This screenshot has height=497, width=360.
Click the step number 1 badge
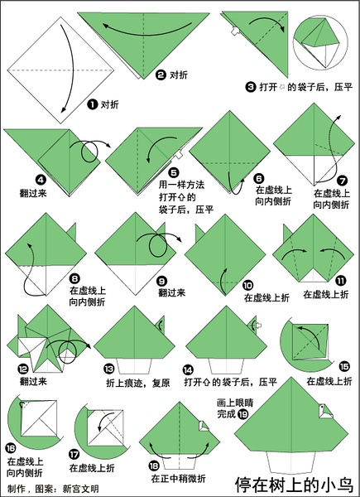92,104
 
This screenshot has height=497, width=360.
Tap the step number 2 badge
161,75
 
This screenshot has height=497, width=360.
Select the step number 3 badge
250,87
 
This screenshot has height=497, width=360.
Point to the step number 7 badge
343,181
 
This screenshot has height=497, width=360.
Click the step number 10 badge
247,286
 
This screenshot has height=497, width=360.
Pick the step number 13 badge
108,369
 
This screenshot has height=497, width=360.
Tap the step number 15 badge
344,367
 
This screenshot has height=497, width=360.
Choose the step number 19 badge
242,414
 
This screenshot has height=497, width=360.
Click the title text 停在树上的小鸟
294,485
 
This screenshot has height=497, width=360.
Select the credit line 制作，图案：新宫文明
53,489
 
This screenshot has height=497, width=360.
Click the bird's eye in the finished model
322,407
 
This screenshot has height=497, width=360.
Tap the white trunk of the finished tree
291,462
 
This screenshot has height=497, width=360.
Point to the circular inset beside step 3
320,42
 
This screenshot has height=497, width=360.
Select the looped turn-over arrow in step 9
159,244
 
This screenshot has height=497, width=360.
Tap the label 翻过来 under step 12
33,381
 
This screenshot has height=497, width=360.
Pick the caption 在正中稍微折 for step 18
178,478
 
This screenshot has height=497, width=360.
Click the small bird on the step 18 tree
204,427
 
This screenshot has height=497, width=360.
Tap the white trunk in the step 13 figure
134,366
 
